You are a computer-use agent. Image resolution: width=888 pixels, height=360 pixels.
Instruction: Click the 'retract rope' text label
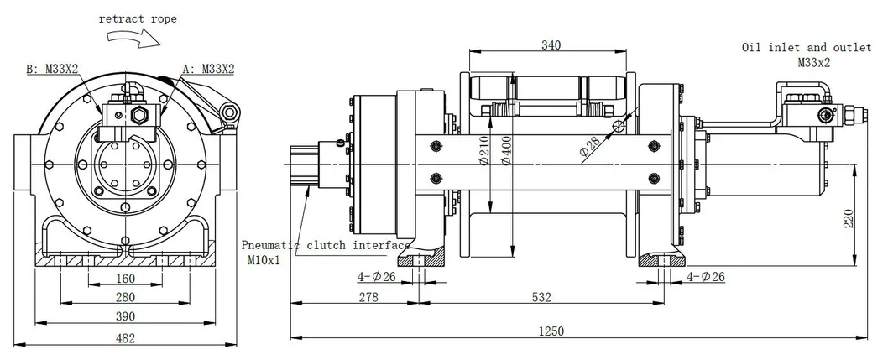coord(138,18)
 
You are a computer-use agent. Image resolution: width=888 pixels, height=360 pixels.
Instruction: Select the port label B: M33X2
coord(54,70)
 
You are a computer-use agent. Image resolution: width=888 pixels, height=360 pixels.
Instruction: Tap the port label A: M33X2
coord(208,70)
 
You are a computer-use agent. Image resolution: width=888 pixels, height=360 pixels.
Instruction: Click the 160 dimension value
coord(124,279)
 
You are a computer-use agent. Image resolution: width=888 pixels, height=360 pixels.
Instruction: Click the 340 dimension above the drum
coord(551,44)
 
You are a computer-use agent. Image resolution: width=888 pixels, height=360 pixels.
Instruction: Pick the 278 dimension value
coord(367,297)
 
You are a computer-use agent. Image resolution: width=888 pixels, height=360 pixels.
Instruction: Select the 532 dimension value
coord(541,297)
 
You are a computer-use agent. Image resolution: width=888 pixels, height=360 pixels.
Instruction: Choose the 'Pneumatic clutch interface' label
coord(326,246)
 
